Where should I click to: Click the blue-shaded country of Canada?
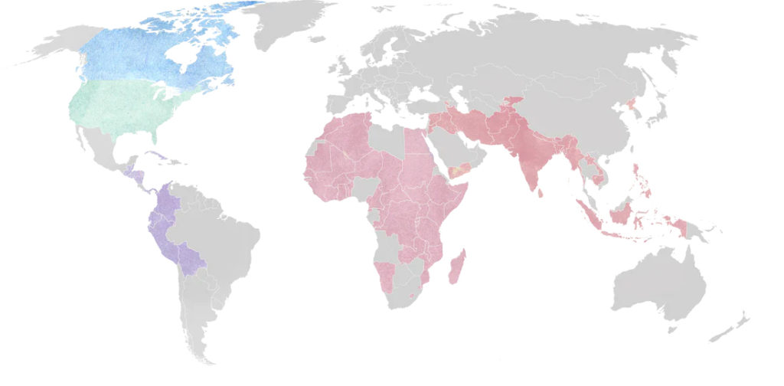coord(130,57)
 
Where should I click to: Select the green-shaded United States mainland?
coord(122,107)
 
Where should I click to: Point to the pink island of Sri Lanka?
coord(541,191)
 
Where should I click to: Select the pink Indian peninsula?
coord(528,165)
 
